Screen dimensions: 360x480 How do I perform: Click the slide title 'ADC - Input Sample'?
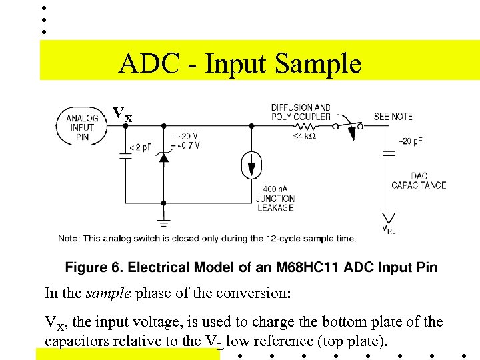[x=240, y=64]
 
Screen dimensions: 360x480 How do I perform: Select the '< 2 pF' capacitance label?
[x=140, y=147]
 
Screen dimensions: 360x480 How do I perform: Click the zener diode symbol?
[x=163, y=157]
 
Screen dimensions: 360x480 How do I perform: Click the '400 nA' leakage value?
[x=275, y=189]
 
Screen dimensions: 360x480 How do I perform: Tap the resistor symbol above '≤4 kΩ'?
[x=307, y=125]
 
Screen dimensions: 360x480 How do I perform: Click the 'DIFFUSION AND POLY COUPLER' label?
[x=301, y=111]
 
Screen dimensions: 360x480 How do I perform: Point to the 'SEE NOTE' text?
[x=393, y=117]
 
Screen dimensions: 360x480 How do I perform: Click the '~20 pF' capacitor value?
[x=410, y=141]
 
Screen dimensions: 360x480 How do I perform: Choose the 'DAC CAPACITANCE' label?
[x=418, y=181]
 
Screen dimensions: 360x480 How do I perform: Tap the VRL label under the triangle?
[x=388, y=230]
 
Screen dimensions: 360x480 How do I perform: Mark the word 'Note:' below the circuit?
[x=69, y=239]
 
